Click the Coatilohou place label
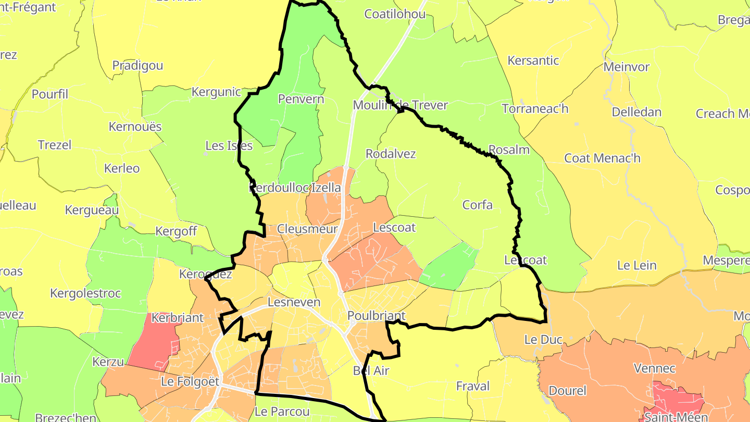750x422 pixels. [395, 14]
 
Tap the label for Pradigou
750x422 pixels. [137, 66]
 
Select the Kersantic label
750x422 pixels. [533, 60]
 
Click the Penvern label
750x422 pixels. [301, 99]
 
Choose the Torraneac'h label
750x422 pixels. [535, 109]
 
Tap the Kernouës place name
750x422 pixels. [135, 127]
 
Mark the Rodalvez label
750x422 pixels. [391, 154]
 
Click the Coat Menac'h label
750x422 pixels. [602, 158]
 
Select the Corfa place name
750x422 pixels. [478, 205]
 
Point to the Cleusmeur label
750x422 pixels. [307, 229]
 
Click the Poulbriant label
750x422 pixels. [376, 316]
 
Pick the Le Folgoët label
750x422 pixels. [190, 381]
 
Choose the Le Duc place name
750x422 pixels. [543, 340]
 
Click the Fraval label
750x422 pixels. [473, 386]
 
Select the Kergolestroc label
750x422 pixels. [85, 293]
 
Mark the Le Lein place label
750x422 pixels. [636, 265]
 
